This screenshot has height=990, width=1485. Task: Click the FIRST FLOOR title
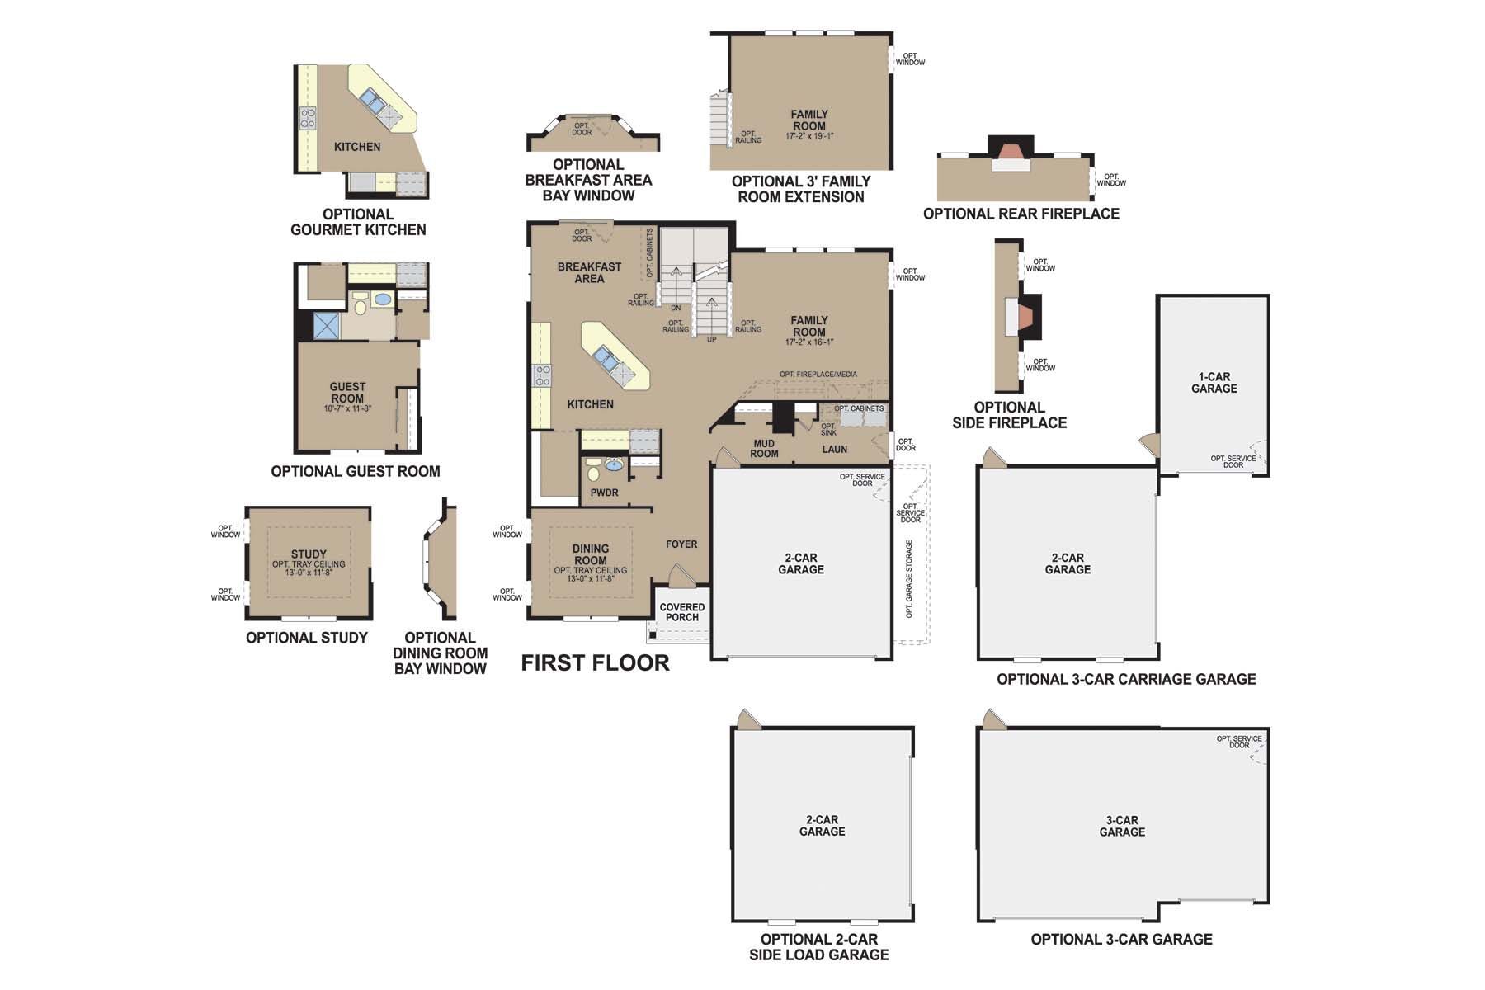click(595, 662)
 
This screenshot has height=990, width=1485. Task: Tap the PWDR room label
click(604, 493)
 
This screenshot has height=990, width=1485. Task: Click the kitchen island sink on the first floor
click(605, 360)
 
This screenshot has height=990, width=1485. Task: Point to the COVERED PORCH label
click(682, 612)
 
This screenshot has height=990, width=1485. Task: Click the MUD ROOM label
click(764, 449)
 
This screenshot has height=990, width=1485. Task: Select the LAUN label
click(834, 450)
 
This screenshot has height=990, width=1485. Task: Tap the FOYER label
click(681, 544)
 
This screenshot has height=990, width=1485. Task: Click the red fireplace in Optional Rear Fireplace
click(1011, 152)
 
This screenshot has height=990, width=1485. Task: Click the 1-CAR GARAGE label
click(1214, 383)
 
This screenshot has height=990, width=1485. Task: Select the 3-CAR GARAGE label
click(1122, 826)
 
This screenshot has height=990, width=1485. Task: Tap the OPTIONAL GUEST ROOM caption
click(356, 471)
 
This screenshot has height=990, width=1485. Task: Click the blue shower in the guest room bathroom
click(327, 326)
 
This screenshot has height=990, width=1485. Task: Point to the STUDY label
click(309, 554)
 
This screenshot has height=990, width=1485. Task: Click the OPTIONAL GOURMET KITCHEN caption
click(358, 222)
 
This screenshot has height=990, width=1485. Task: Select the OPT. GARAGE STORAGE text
click(909, 579)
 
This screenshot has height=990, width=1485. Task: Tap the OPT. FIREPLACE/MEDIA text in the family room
click(818, 375)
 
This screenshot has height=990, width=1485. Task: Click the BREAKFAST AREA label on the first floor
click(589, 272)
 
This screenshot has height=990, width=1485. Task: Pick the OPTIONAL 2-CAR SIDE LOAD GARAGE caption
click(819, 947)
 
